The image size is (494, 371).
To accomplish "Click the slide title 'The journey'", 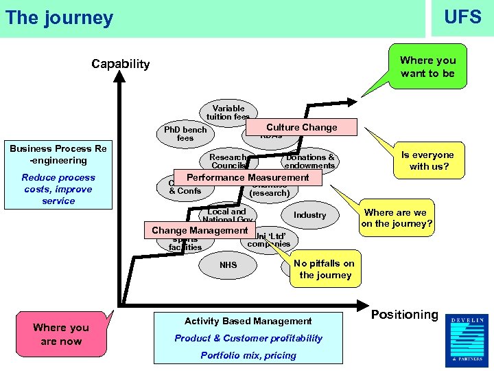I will point(59,17).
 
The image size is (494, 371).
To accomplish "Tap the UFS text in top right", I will point(462,16).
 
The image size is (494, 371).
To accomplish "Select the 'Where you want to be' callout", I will point(427,67).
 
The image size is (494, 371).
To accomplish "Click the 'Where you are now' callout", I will point(61,335).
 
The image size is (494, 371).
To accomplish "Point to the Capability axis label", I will point(121,64).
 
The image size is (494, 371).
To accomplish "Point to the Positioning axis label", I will point(404,315).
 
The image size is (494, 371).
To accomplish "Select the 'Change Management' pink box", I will point(200,230).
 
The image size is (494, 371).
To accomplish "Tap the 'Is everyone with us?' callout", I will point(432,161).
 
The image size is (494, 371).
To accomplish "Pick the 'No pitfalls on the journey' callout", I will point(325,269).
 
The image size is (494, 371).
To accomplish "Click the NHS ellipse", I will point(228,265).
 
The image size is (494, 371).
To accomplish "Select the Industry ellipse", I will point(309,215).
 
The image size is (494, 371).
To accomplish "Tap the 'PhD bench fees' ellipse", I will point(185,134).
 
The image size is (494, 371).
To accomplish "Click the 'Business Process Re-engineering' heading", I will point(58,155).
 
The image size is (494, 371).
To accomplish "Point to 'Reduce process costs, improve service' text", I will point(58,189).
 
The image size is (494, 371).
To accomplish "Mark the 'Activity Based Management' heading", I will point(248,321).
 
